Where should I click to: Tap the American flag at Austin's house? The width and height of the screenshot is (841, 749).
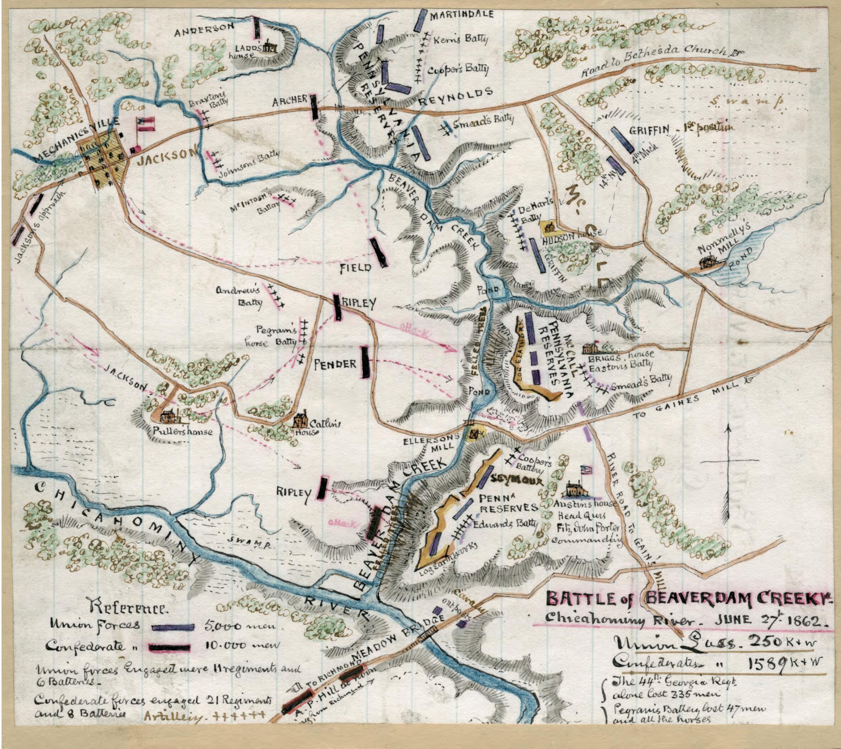[x=586, y=470]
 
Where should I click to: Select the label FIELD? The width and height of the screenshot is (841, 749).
[x=356, y=268]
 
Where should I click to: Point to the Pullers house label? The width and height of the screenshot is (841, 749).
[x=182, y=432]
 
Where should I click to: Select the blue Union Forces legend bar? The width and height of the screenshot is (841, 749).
[x=173, y=627]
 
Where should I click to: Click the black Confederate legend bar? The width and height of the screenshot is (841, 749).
[x=170, y=647]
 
